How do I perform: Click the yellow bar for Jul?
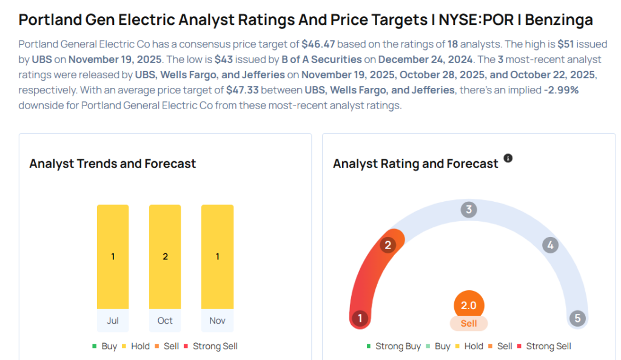pyautogui.click(x=113, y=257)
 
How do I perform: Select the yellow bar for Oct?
pyautogui.click(x=165, y=257)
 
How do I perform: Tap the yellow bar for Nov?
pyautogui.click(x=217, y=257)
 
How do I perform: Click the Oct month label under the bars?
pyautogui.click(x=165, y=321)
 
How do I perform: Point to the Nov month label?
pyautogui.click(x=217, y=321)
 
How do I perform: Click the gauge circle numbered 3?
pyautogui.click(x=468, y=210)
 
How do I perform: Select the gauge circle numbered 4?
pyautogui.click(x=550, y=245)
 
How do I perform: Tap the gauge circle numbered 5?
pyautogui.click(x=577, y=318)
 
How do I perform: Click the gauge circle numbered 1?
pyautogui.click(x=360, y=318)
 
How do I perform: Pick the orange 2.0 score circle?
pyautogui.click(x=469, y=305)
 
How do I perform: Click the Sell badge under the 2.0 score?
pyautogui.click(x=469, y=324)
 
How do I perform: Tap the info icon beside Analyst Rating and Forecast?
pyautogui.click(x=508, y=158)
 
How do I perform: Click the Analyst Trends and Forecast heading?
pyautogui.click(x=113, y=164)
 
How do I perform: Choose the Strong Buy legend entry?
pyautogui.click(x=394, y=346)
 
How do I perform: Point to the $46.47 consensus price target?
pyautogui.click(x=319, y=45)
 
